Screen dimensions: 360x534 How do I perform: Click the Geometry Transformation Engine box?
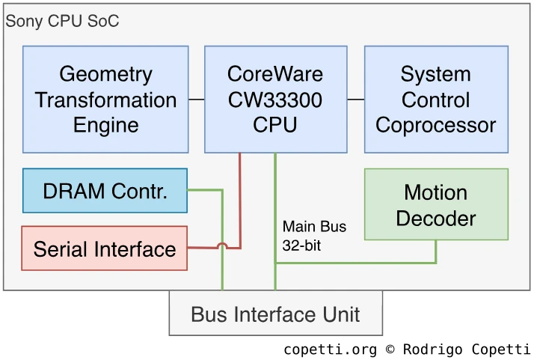[x=105, y=100]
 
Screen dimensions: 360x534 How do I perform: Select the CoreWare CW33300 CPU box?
[x=275, y=100]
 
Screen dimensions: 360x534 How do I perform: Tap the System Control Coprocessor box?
[x=436, y=100]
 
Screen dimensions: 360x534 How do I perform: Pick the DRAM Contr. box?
[x=105, y=191]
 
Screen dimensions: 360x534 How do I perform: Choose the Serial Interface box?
[x=105, y=248]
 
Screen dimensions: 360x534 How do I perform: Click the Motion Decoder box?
[x=436, y=204]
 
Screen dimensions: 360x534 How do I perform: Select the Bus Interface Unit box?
[x=275, y=314]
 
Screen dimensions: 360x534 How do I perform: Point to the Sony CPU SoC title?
[x=62, y=20]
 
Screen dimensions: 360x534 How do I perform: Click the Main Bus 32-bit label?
[x=314, y=235]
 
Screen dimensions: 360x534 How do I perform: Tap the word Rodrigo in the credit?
[x=429, y=350]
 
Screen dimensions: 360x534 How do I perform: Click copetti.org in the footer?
[x=331, y=350]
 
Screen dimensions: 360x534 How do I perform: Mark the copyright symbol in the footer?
[x=390, y=350]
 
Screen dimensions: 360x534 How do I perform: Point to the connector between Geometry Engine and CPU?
[x=197, y=100]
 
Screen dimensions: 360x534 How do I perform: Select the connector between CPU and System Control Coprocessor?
[x=356, y=100]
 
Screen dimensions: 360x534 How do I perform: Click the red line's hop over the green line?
[x=222, y=246]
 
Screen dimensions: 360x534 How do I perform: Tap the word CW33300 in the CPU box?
[x=275, y=100]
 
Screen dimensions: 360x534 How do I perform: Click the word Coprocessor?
[x=436, y=125]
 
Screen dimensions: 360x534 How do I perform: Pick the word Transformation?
[x=105, y=100]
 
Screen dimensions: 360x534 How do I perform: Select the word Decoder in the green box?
[x=436, y=218]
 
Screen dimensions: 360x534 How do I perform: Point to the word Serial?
[x=59, y=248]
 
